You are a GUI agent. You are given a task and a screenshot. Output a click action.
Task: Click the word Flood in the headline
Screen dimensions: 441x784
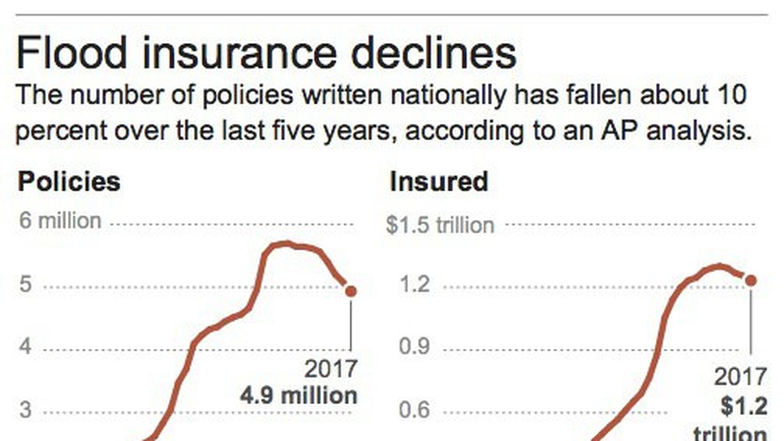(x=72, y=53)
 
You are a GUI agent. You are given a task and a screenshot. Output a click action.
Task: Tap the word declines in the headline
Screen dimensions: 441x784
(x=434, y=53)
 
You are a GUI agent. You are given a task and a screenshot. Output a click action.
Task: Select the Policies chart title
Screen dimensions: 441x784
(x=69, y=181)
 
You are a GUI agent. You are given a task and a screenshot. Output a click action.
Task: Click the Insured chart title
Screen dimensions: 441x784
(x=439, y=181)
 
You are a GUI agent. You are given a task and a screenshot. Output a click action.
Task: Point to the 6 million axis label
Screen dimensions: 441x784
(x=60, y=221)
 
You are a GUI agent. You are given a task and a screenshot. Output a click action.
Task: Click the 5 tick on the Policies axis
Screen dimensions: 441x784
(x=25, y=284)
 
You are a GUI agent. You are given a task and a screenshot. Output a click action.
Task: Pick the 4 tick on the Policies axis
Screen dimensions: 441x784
(x=25, y=347)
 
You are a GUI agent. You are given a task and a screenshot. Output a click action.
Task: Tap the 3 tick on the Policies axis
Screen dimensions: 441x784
(x=25, y=410)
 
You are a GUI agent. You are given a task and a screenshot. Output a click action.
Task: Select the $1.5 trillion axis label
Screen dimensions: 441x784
(x=440, y=225)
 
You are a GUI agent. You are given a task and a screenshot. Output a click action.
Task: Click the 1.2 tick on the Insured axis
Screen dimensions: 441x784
(x=414, y=284)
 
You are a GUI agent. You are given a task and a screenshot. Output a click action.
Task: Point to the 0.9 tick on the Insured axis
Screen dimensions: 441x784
(x=414, y=347)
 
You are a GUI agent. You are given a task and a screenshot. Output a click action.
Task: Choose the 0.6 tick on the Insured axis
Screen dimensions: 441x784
(x=414, y=410)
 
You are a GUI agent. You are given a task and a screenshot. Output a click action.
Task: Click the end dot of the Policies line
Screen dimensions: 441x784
(x=351, y=291)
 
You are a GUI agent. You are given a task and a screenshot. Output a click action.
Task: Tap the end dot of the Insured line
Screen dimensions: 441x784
(x=751, y=281)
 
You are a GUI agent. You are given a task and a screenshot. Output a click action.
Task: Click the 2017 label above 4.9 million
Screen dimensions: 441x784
(x=331, y=369)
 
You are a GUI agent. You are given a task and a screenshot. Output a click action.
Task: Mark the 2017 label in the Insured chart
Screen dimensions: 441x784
(x=740, y=377)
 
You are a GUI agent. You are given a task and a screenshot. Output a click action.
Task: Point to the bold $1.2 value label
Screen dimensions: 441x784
(x=744, y=406)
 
